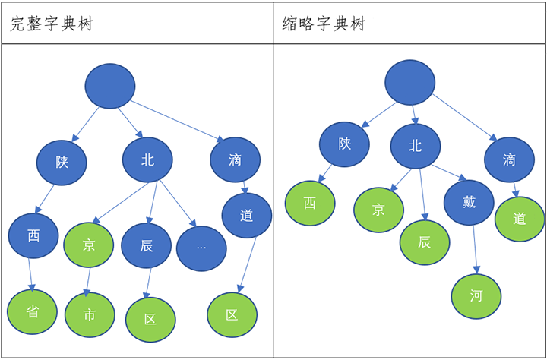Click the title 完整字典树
click(52, 24)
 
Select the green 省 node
click(33, 312)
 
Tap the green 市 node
click(90, 314)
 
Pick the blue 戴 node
click(469, 203)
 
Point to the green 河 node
click(476, 295)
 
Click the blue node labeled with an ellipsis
click(201, 248)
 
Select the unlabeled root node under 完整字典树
click(110, 86)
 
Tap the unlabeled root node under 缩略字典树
click(410, 81)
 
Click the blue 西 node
click(33, 235)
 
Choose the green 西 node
click(309, 203)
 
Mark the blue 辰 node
click(147, 246)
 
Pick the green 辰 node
click(425, 242)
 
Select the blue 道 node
click(246, 216)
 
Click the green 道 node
click(520, 219)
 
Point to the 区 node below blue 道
click(232, 314)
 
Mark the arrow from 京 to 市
click(88, 279)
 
